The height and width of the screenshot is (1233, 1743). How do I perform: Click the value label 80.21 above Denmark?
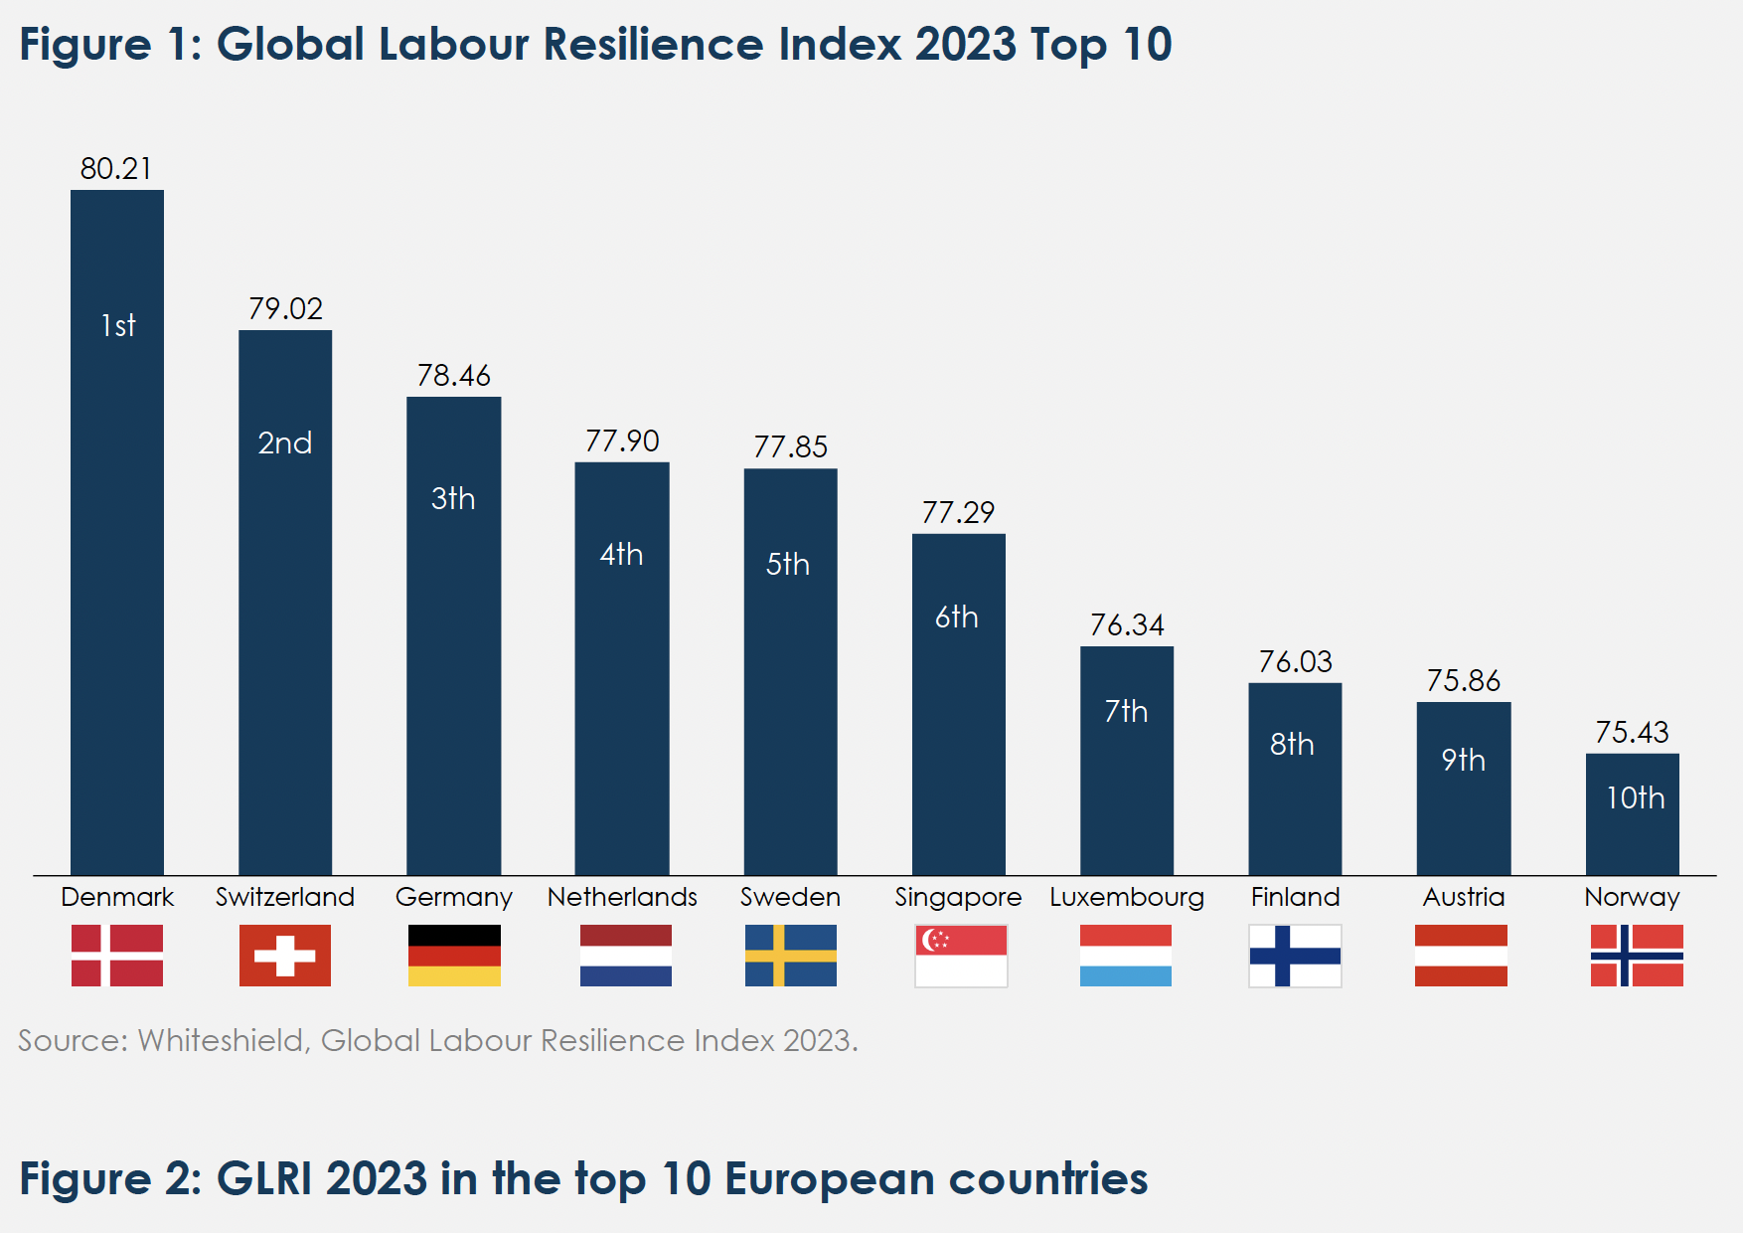tap(116, 168)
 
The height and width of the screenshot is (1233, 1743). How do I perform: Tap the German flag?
tap(454, 956)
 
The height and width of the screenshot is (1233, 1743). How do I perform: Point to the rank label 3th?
tap(453, 498)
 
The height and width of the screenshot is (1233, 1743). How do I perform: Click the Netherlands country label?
tap(622, 897)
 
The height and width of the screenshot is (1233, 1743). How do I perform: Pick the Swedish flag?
tap(791, 956)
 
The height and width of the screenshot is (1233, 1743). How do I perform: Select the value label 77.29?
tap(958, 512)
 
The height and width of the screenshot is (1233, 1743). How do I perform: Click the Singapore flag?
tap(961, 956)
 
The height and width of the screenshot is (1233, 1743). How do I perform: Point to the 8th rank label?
tap(1292, 744)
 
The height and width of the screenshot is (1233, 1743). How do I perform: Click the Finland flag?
tap(1295, 956)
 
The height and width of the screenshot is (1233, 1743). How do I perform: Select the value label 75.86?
tap(1463, 680)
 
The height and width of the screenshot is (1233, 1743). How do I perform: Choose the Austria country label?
tap(1464, 897)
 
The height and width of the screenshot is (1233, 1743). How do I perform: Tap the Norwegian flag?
tap(1637, 956)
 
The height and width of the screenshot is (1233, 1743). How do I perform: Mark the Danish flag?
tap(117, 956)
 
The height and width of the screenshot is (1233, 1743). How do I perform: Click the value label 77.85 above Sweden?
tap(790, 446)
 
